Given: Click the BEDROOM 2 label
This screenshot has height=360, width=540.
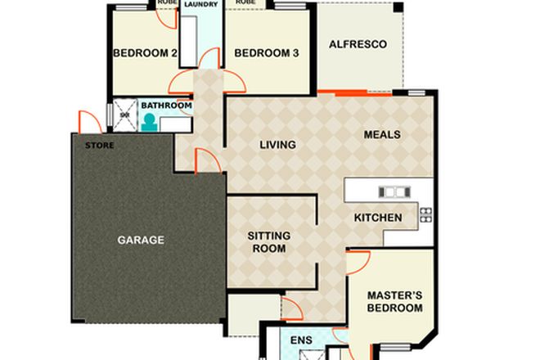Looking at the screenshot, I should point(145,54).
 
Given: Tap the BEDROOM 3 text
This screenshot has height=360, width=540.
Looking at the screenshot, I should point(266,54).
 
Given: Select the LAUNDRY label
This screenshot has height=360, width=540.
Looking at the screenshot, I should point(200,3).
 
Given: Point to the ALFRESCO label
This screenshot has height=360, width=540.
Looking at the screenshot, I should point(358,44).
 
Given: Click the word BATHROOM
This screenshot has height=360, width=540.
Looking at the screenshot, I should point(166,106).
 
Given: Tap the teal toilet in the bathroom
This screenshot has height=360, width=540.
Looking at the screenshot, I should point(150,122).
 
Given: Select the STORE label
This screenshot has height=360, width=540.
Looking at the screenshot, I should point(99,146).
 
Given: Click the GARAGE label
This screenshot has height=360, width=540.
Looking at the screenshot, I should point(140,241).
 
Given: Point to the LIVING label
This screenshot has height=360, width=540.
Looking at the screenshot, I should point(277,146).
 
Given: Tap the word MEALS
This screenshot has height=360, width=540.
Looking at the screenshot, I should point(382,134).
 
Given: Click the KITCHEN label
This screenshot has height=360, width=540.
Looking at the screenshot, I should point(377,218).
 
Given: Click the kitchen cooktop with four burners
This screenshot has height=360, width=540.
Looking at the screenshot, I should point(425,215).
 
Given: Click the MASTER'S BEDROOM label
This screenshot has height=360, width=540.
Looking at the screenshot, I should point(394,301).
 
